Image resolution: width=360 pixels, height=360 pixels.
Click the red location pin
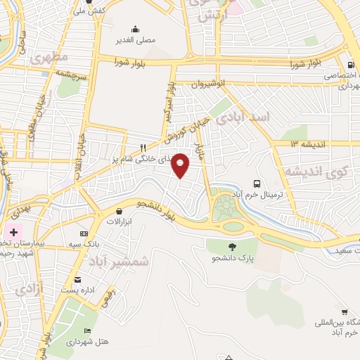click(x=181, y=165)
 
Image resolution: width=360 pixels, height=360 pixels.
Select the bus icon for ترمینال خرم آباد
click(x=257, y=165)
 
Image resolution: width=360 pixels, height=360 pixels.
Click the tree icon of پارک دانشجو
click(x=233, y=246)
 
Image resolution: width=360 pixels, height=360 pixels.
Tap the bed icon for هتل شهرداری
click(x=87, y=330)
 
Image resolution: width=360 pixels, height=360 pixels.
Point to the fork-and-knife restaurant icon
click(x=143, y=148)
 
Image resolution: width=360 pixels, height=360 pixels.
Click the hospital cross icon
click(x=13, y=231)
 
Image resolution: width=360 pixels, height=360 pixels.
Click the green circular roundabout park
click(x=226, y=208)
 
